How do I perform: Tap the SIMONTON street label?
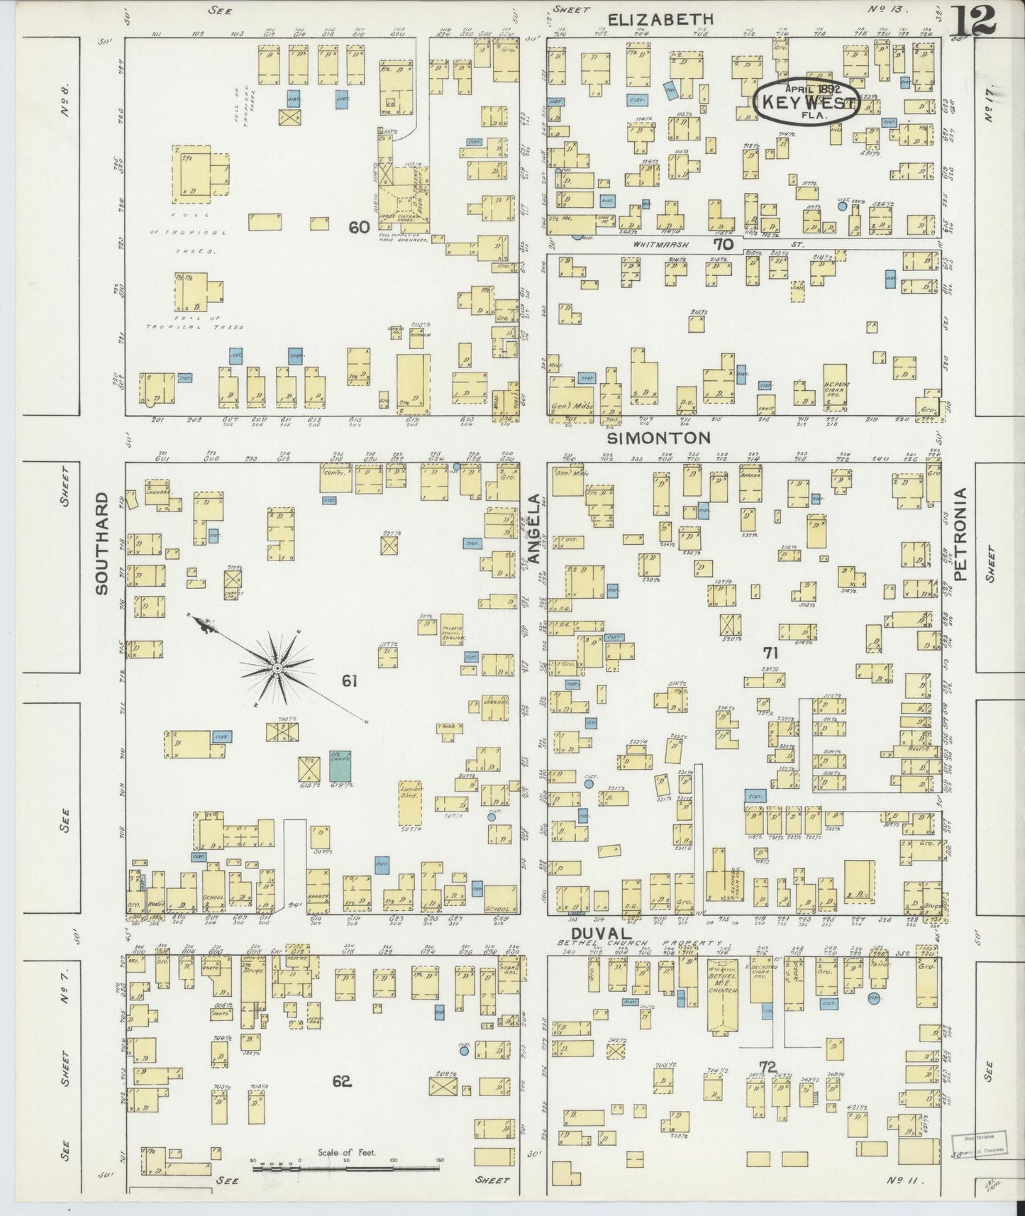click(659, 438)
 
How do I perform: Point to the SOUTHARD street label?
click(101, 543)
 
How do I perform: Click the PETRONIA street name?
click(961, 535)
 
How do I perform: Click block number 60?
click(359, 227)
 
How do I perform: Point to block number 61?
click(349, 681)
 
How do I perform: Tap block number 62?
click(341, 1081)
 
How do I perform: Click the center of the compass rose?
click(277, 668)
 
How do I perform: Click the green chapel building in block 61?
click(340, 765)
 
